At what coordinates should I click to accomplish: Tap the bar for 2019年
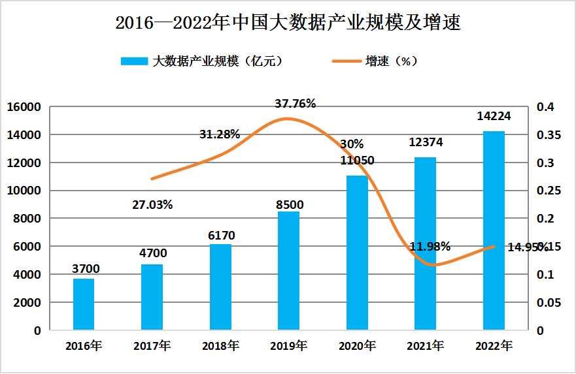(288, 271)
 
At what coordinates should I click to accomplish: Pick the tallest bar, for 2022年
(494, 231)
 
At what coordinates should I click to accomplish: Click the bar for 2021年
(425, 244)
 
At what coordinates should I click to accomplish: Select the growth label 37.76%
(295, 103)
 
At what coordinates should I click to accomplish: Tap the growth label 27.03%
(152, 205)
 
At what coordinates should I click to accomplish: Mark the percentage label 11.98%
(430, 247)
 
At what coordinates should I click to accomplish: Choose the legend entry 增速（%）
(375, 61)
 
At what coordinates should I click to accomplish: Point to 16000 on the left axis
(24, 107)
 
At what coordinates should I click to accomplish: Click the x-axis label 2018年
(220, 346)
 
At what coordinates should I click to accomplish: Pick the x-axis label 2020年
(357, 346)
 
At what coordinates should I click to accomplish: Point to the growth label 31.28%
(220, 134)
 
